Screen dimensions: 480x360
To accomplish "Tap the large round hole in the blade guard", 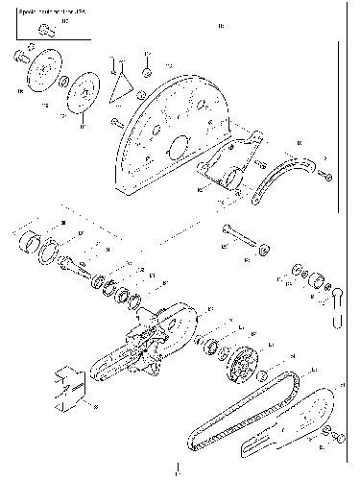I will [176, 152].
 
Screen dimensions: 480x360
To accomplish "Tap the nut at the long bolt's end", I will [262, 249].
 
